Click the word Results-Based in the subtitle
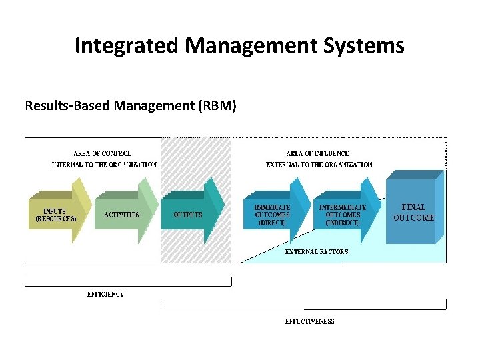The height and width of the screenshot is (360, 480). tap(60, 105)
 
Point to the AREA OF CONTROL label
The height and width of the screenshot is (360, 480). tap(102, 153)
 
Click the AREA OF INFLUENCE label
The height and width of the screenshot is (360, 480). tap(317, 153)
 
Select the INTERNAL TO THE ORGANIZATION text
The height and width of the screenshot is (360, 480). tap(105, 164)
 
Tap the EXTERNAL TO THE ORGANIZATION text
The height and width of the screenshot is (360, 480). tap(319, 164)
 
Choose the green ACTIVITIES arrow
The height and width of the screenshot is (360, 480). tap(123, 215)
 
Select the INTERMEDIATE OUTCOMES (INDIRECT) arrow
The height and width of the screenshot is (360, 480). tap(344, 215)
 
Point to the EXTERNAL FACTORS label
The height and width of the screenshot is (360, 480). tap(317, 252)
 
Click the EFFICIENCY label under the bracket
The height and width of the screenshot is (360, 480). tap(105, 294)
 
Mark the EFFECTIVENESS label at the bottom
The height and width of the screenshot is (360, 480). tap(310, 321)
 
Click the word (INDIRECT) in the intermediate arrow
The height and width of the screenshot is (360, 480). tap(343, 223)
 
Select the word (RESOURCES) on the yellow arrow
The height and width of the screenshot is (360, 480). tap(55, 219)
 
